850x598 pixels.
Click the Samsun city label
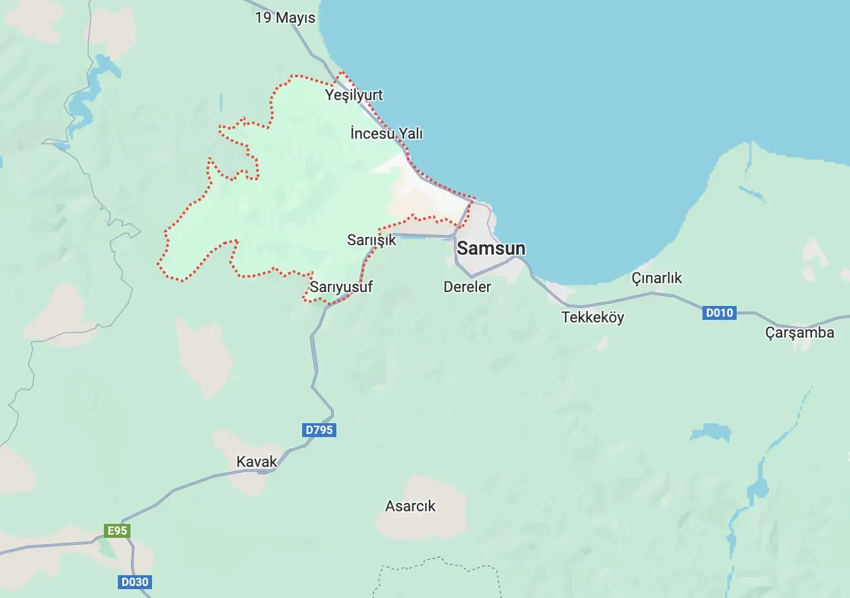(491, 248)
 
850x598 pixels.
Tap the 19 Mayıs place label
(285, 18)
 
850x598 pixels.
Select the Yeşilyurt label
(353, 95)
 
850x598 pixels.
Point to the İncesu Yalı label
(386, 134)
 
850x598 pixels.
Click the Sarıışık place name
(371, 240)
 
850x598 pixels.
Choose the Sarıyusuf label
(341, 287)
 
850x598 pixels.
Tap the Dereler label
(467, 287)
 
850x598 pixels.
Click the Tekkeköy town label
(592, 317)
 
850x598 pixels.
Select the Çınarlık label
(657, 278)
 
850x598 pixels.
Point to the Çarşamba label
(799, 333)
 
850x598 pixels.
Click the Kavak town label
(257, 462)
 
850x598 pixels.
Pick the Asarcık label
(410, 506)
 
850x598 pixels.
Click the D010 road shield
(719, 312)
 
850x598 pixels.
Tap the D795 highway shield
(319, 430)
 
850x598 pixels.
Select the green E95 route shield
(117, 531)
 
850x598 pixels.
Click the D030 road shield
(134, 582)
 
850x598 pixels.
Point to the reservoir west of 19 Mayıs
(89, 95)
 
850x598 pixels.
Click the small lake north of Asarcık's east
(711, 433)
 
